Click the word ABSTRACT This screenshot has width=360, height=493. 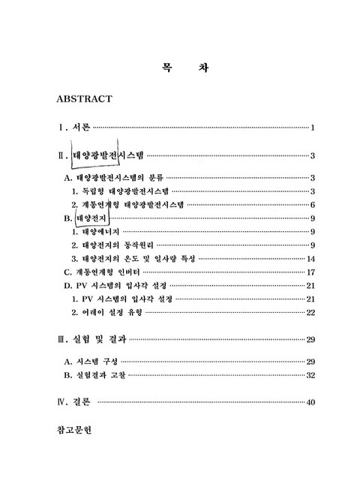point(84,98)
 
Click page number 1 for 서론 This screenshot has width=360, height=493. point(312,128)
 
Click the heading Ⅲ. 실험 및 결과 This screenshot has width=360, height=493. point(91,340)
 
